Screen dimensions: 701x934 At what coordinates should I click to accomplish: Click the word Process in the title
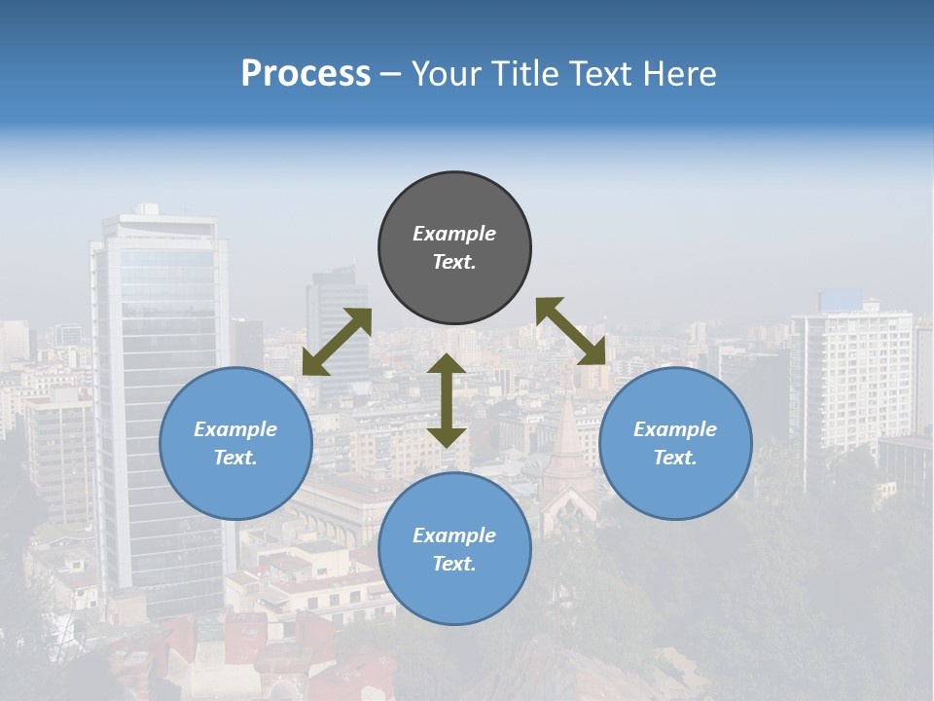click(x=305, y=74)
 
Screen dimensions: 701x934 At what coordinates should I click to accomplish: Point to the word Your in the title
click(x=447, y=74)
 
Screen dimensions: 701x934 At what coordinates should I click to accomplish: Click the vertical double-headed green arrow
click(x=447, y=401)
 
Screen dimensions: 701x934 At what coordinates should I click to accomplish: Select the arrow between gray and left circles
click(x=337, y=342)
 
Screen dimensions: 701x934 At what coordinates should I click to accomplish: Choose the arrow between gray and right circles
click(x=571, y=330)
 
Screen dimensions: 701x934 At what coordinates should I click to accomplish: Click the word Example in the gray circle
click(x=454, y=234)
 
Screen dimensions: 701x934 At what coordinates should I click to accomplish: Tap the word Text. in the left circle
click(x=235, y=458)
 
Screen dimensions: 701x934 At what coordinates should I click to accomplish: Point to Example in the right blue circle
click(x=675, y=429)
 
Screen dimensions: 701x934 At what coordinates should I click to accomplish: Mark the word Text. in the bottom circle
click(x=454, y=564)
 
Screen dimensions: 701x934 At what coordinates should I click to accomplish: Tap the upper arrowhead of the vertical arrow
click(x=447, y=364)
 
